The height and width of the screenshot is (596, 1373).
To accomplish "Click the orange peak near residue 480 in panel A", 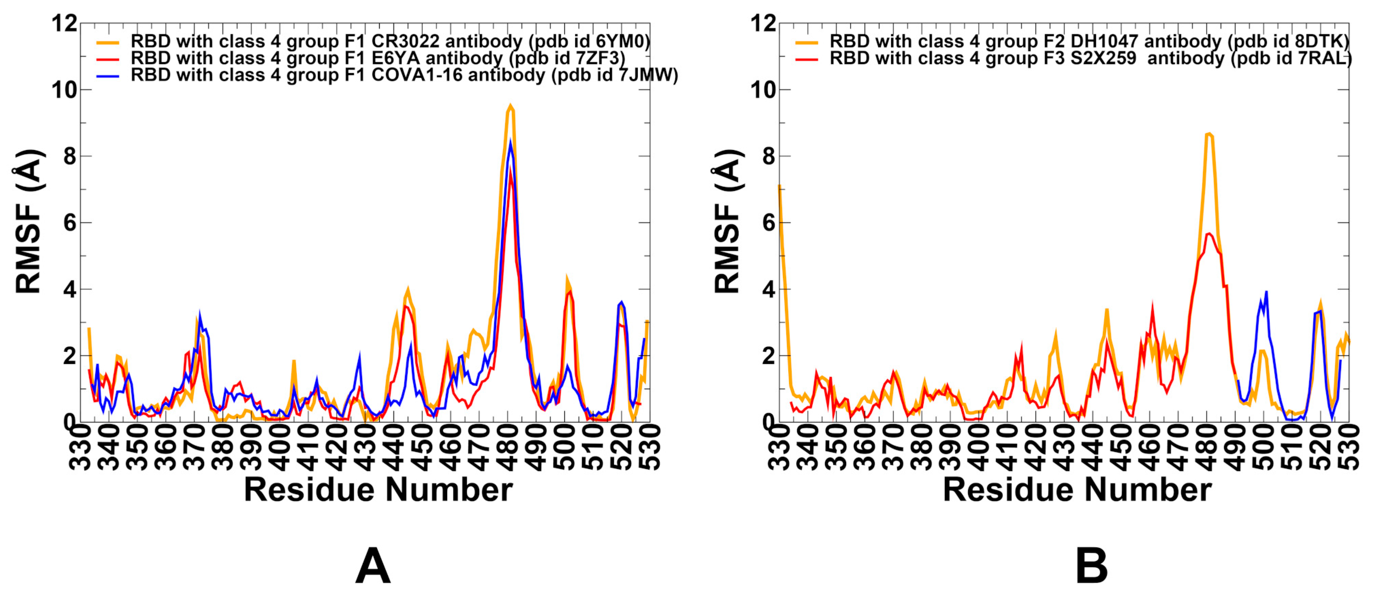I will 510,106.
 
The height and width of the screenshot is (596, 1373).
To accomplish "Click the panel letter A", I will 373,566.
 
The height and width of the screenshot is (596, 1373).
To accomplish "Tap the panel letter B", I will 1092,566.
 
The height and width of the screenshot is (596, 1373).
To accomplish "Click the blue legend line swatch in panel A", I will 108,76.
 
